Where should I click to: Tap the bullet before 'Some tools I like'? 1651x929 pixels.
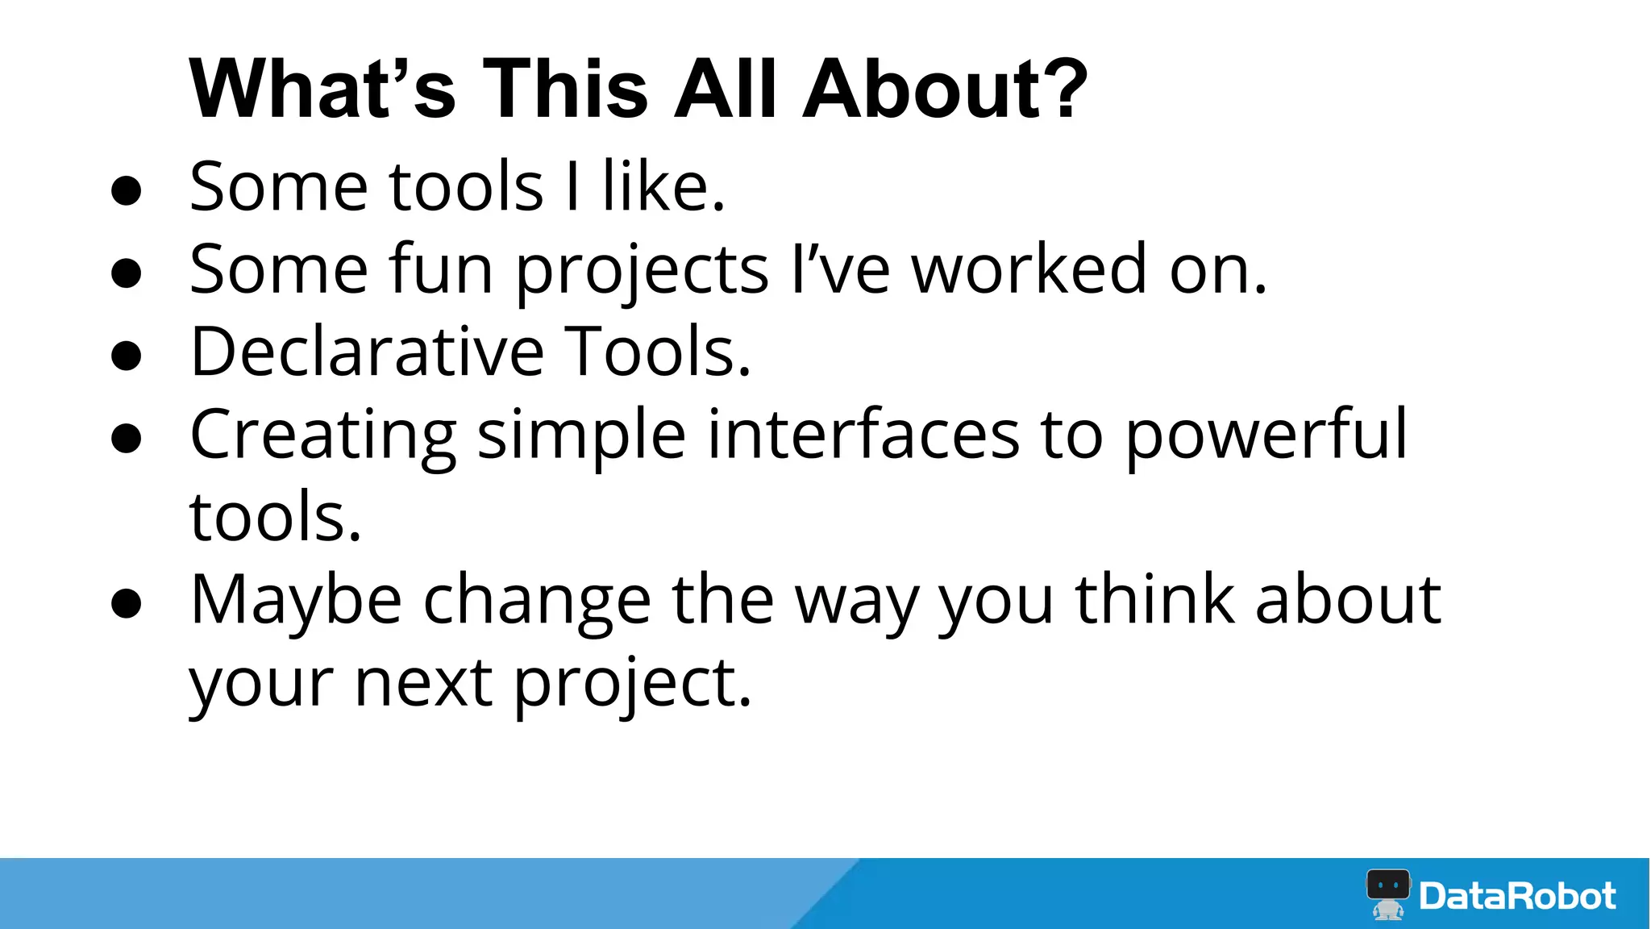(x=127, y=191)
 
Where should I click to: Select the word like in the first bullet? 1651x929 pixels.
(x=663, y=187)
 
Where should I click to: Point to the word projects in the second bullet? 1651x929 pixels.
(x=642, y=273)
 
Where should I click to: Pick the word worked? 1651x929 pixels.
(x=1029, y=269)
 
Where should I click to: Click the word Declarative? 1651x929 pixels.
(x=367, y=352)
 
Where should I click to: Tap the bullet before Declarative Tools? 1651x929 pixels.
(x=127, y=356)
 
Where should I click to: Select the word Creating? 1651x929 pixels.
(x=322, y=436)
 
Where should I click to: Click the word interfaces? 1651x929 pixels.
(x=863, y=435)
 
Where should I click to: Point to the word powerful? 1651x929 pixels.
(x=1266, y=436)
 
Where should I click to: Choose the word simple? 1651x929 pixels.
(x=581, y=436)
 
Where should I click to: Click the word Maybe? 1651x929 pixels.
(x=296, y=602)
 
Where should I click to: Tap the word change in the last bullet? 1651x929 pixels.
(x=537, y=602)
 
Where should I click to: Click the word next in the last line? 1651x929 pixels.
(x=424, y=683)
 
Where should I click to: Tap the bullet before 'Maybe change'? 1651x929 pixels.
(x=127, y=604)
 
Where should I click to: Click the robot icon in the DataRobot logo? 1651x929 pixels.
(x=1388, y=894)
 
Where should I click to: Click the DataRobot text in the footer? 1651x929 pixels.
(x=1517, y=896)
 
